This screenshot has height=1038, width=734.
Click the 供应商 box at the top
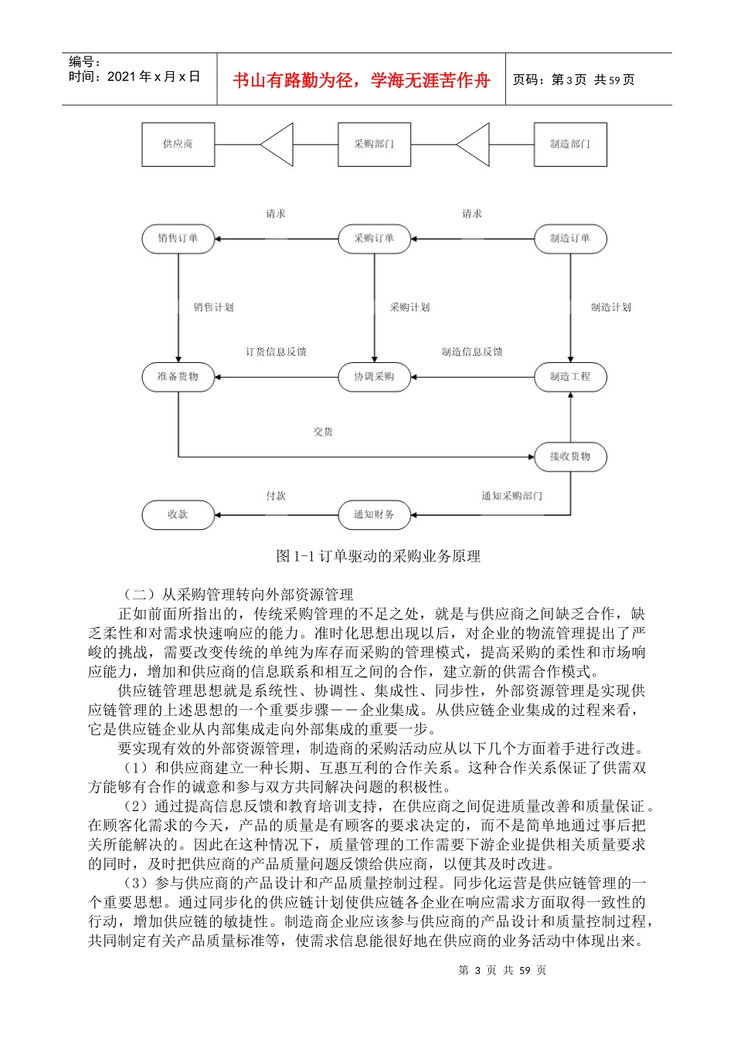tap(178, 144)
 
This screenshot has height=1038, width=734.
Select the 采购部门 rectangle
tap(374, 144)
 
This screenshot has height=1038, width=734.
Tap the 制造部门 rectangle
tap(570, 144)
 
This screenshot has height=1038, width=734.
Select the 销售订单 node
tap(178, 239)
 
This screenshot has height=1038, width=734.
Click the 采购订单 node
tap(374, 239)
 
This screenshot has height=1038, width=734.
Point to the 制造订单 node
tap(570, 239)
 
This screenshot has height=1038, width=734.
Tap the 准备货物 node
tap(178, 377)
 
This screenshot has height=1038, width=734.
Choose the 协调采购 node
tap(374, 377)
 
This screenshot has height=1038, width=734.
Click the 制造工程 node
tap(570, 377)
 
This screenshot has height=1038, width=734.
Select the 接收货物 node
tap(570, 457)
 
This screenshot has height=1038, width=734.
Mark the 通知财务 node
tap(374, 515)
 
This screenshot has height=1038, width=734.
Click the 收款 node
tap(178, 515)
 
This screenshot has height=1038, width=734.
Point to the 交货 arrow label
tap(323, 432)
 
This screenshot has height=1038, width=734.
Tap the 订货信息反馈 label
tap(276, 352)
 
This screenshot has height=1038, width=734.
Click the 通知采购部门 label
tap(511, 496)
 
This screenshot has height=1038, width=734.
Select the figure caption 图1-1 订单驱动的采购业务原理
tap(379, 556)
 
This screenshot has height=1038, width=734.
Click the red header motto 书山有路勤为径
tap(362, 80)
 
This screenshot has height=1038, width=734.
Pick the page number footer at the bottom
tap(502, 970)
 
